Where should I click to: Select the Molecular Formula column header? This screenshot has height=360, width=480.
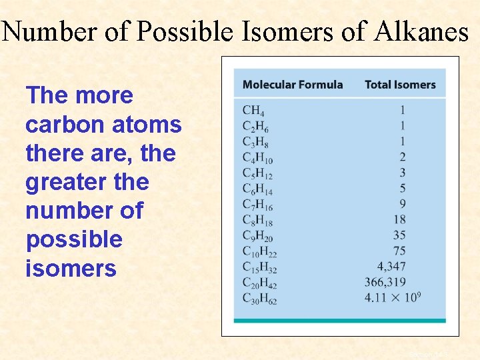click(x=293, y=85)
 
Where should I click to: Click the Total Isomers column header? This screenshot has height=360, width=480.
click(x=400, y=85)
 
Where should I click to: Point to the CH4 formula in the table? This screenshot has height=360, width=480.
click(x=253, y=111)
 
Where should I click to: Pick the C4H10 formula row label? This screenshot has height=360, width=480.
click(x=257, y=158)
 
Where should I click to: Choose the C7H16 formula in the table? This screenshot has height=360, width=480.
click(x=257, y=205)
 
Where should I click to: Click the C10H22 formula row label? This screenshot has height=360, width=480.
click(x=259, y=252)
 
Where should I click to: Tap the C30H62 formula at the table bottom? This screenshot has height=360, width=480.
click(x=259, y=299)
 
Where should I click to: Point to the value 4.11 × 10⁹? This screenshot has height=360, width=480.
click(x=394, y=297)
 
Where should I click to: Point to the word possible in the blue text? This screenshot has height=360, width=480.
click(x=74, y=239)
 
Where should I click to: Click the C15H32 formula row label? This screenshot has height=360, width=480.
click(x=259, y=268)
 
